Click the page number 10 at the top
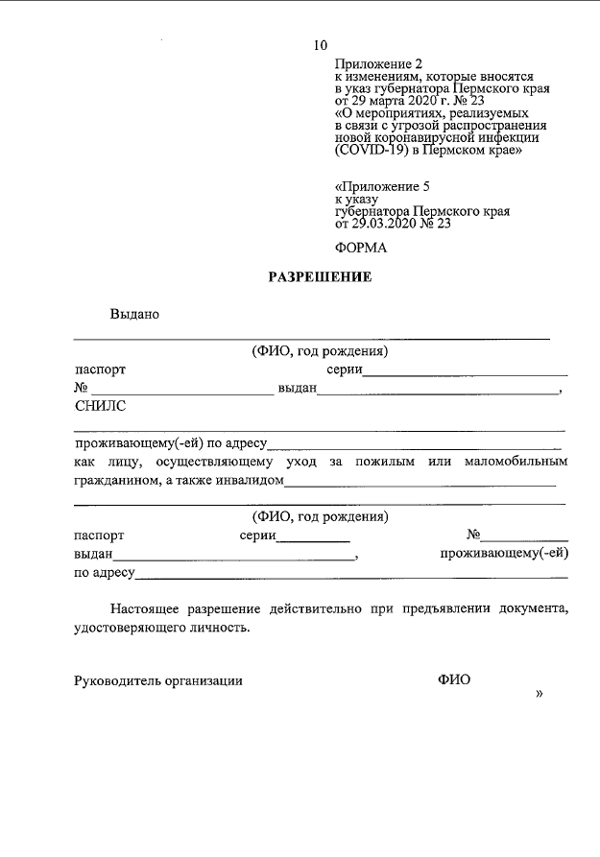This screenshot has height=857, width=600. click(x=321, y=45)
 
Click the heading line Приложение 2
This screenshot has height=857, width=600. click(x=378, y=62)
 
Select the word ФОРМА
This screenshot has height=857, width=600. click(x=360, y=248)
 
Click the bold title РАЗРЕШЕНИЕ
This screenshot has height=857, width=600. click(x=319, y=278)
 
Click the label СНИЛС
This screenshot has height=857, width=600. click(x=100, y=406)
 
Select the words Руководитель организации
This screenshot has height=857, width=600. click(x=158, y=680)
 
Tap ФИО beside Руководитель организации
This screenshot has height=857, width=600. click(x=454, y=680)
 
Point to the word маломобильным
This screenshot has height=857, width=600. click(x=516, y=462)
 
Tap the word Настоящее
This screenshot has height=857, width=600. click(x=150, y=608)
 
